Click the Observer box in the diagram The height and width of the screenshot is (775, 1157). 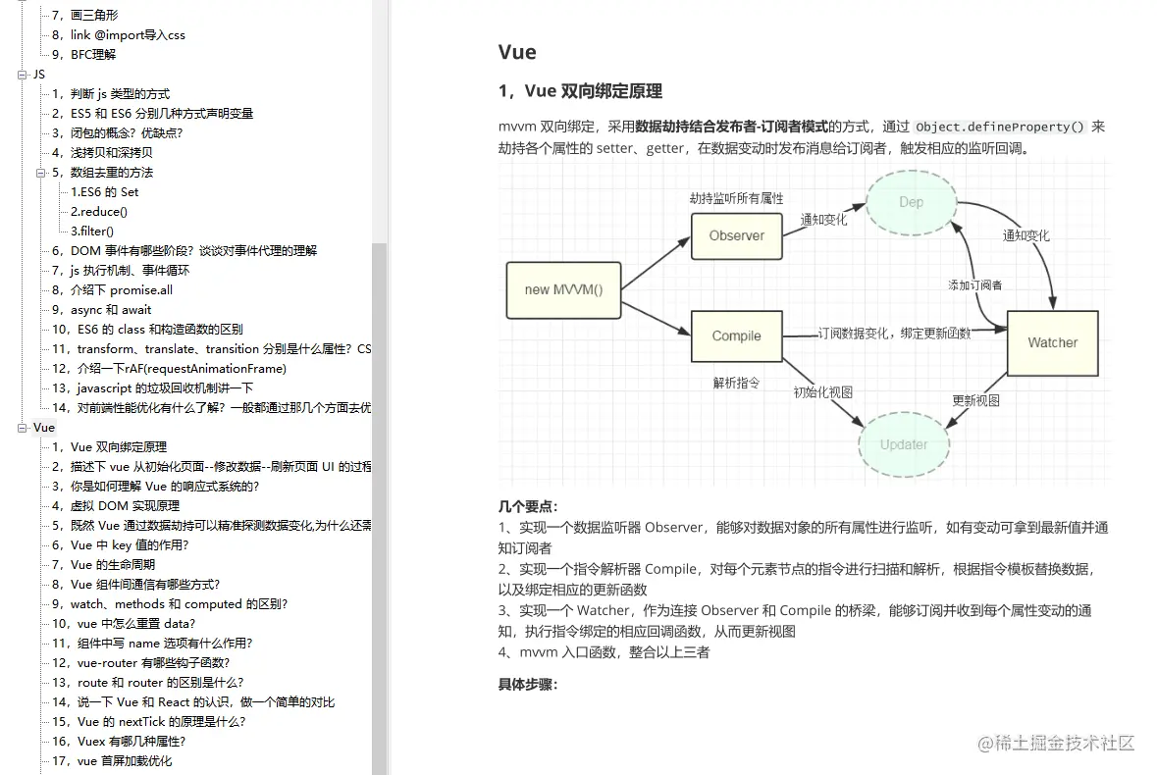737,235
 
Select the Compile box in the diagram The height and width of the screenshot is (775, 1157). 737,336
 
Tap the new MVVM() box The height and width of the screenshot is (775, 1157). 563,289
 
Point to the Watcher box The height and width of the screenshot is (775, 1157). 1052,342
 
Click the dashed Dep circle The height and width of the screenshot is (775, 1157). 911,203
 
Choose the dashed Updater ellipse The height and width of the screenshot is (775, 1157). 903,444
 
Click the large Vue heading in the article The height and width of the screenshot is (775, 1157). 517,53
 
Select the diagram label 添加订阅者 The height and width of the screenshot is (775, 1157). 974,284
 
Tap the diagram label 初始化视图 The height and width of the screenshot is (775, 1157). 822,391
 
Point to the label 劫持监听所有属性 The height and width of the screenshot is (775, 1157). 736,198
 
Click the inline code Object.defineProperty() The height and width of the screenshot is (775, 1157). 1000,127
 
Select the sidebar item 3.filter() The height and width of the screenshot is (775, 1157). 92,231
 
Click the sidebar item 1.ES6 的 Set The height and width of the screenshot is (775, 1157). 104,191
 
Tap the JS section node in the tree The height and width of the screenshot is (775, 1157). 39,74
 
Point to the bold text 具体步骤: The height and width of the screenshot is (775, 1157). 528,684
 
